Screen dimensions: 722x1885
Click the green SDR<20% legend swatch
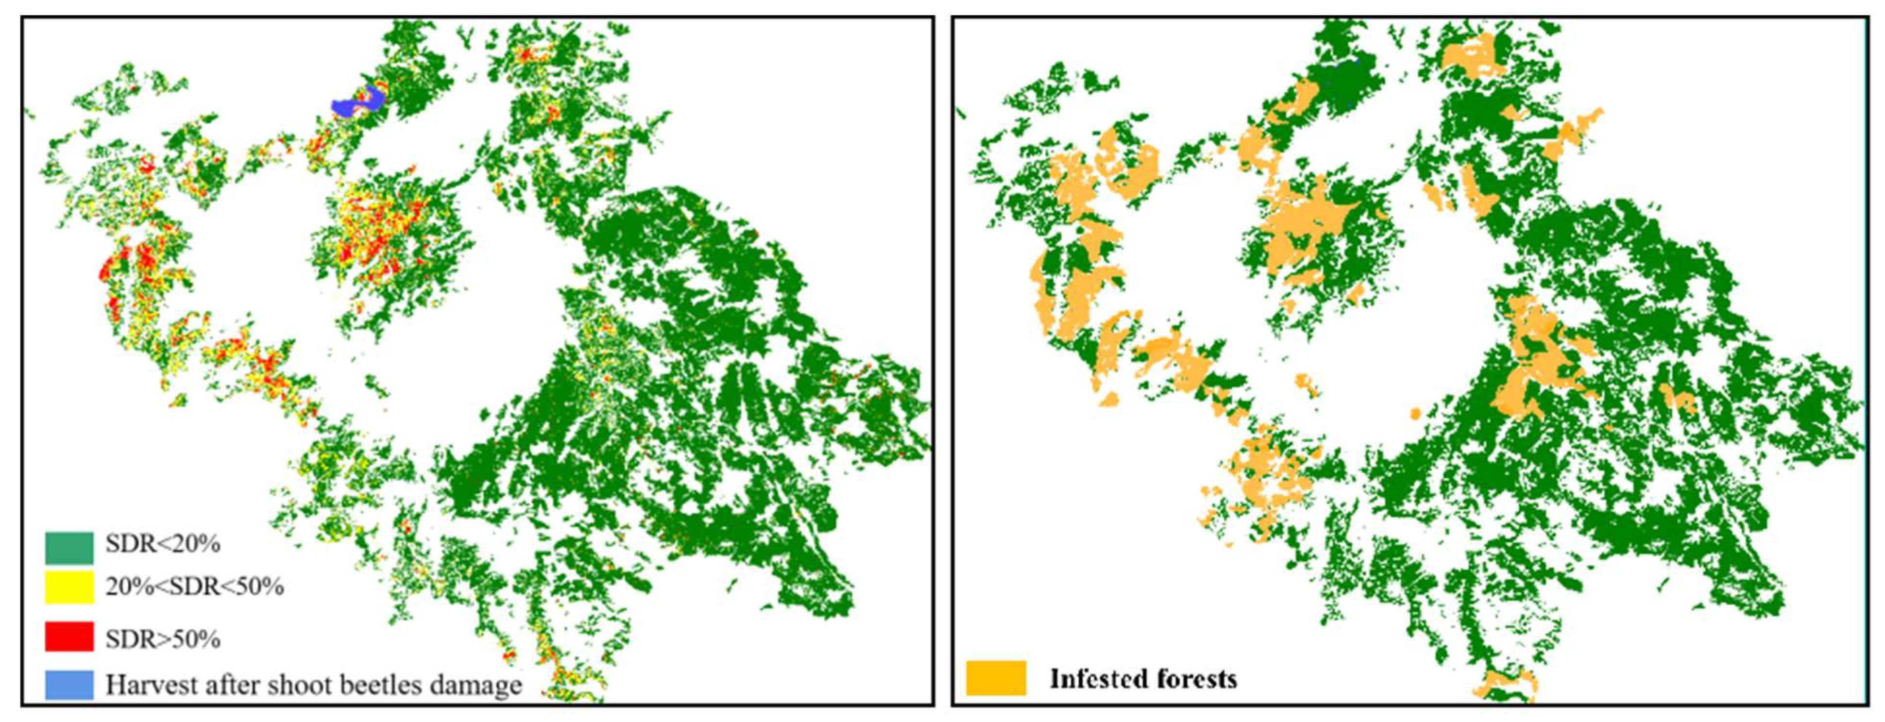click(69, 547)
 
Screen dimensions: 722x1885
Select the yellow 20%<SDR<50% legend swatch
click(69, 588)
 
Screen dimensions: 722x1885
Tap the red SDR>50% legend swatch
click(69, 637)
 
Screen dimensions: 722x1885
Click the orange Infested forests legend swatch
click(996, 678)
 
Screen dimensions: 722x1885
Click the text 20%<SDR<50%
click(194, 587)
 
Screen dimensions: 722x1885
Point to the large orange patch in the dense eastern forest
click(1533, 358)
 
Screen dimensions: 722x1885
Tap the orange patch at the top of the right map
click(1469, 55)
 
